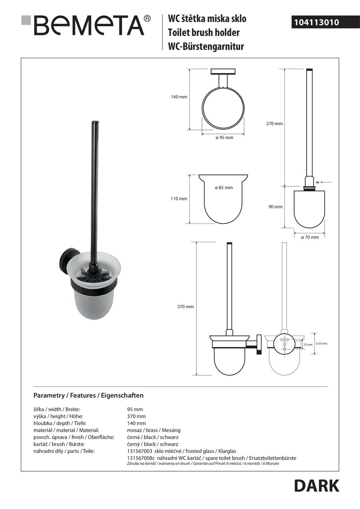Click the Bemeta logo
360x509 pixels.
click(86, 26)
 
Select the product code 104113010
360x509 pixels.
click(316, 23)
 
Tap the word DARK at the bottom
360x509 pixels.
click(317, 486)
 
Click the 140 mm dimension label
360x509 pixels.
click(179, 97)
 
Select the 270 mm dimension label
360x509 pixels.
click(274, 124)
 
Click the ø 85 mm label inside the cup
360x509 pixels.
click(224, 188)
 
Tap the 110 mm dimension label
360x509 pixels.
click(179, 199)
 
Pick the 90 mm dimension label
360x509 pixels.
click(275, 207)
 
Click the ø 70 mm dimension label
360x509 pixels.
click(309, 237)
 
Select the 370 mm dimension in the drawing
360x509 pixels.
click(185, 307)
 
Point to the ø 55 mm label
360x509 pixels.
click(321, 343)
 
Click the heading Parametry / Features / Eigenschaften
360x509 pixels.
click(88, 396)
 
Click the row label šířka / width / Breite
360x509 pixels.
click(57, 410)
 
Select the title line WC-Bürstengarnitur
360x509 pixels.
click(206, 47)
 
